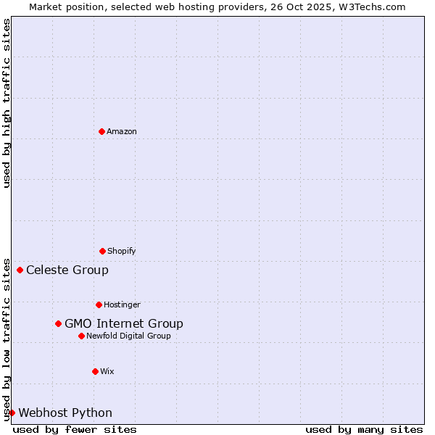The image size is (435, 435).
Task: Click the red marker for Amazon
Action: click(x=101, y=131)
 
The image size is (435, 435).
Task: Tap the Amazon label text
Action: click(x=122, y=131)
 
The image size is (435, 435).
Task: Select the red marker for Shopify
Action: click(x=102, y=251)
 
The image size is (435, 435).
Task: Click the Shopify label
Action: click(x=122, y=251)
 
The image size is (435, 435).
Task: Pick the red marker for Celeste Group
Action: click(x=20, y=270)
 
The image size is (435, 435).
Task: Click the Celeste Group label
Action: click(x=67, y=270)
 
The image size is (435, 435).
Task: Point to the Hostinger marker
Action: click(x=99, y=304)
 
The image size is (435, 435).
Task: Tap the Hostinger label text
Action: click(x=122, y=304)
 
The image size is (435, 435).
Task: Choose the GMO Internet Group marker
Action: click(x=58, y=323)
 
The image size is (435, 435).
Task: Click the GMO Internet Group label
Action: click(x=124, y=324)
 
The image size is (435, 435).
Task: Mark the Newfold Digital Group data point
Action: click(x=81, y=336)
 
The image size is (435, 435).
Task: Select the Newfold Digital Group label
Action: click(x=128, y=336)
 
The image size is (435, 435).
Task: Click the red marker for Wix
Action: click(x=95, y=371)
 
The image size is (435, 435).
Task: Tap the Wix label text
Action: click(x=107, y=371)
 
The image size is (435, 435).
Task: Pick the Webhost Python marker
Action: click(x=12, y=413)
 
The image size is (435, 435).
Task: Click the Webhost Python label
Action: click(x=65, y=413)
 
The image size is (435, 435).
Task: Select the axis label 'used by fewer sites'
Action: click(x=75, y=429)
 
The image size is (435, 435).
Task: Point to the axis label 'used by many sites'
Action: click(x=364, y=429)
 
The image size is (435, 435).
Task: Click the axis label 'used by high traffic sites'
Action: click(x=7, y=103)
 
